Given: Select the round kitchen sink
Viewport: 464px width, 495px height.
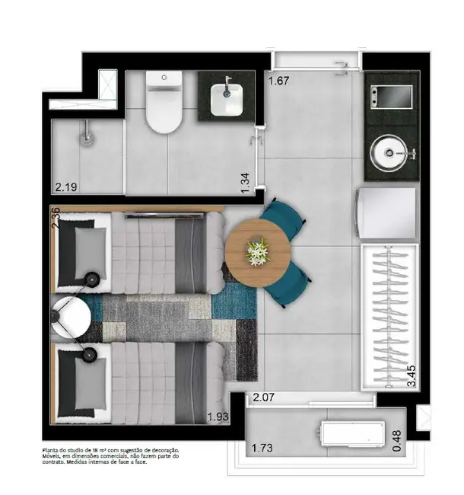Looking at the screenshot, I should click(389, 152).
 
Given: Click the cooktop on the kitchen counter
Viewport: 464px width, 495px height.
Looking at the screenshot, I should click(390, 97).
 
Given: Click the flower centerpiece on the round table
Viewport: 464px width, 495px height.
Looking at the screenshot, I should click(258, 251).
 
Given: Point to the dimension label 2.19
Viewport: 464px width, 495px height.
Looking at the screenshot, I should click(66, 185).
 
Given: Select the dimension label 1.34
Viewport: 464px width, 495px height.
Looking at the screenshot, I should click(246, 184).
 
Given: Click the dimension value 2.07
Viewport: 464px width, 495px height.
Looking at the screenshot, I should click(263, 397).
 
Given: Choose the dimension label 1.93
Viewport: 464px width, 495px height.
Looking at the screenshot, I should click(219, 418).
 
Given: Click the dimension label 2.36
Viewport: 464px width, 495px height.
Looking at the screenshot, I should click(56, 216).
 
